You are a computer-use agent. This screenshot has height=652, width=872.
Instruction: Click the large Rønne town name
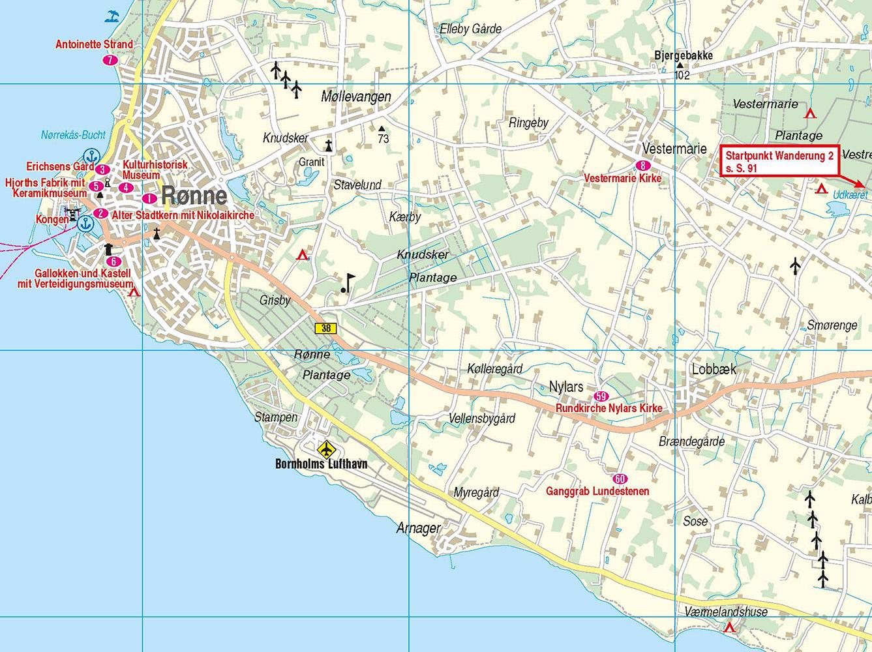pyautogui.click(x=194, y=196)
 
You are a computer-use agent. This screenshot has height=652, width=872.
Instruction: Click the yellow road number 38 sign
pyautogui.click(x=325, y=329)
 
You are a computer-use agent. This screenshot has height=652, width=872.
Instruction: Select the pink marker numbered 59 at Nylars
pyautogui.click(x=601, y=396)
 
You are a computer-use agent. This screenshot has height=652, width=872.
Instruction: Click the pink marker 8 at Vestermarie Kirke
pyautogui.click(x=644, y=166)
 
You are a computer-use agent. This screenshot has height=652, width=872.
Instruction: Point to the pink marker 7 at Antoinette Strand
pyautogui.click(x=110, y=60)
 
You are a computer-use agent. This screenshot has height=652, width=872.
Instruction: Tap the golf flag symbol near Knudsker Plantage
pyautogui.click(x=348, y=282)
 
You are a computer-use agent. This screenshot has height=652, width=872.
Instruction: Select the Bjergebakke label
pyautogui.click(x=683, y=55)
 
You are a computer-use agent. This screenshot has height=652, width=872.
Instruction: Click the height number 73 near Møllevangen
pyautogui.click(x=383, y=138)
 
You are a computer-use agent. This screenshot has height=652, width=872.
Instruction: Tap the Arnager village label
pyautogui.click(x=419, y=528)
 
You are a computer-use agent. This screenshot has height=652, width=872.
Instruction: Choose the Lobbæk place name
pyautogui.click(x=714, y=370)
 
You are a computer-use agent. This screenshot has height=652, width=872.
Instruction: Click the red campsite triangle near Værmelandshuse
pyautogui.click(x=729, y=627)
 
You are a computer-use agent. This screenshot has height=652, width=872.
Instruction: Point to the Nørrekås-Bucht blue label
pyautogui.click(x=72, y=136)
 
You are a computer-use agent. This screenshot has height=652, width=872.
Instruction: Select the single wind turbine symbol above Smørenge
pyautogui.click(x=795, y=265)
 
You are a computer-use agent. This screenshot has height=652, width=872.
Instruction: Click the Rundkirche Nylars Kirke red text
pyautogui.click(x=609, y=409)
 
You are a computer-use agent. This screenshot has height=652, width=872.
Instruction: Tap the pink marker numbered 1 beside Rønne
pyautogui.click(x=149, y=198)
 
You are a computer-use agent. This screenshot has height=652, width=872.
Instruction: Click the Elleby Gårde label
pyautogui.click(x=471, y=29)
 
